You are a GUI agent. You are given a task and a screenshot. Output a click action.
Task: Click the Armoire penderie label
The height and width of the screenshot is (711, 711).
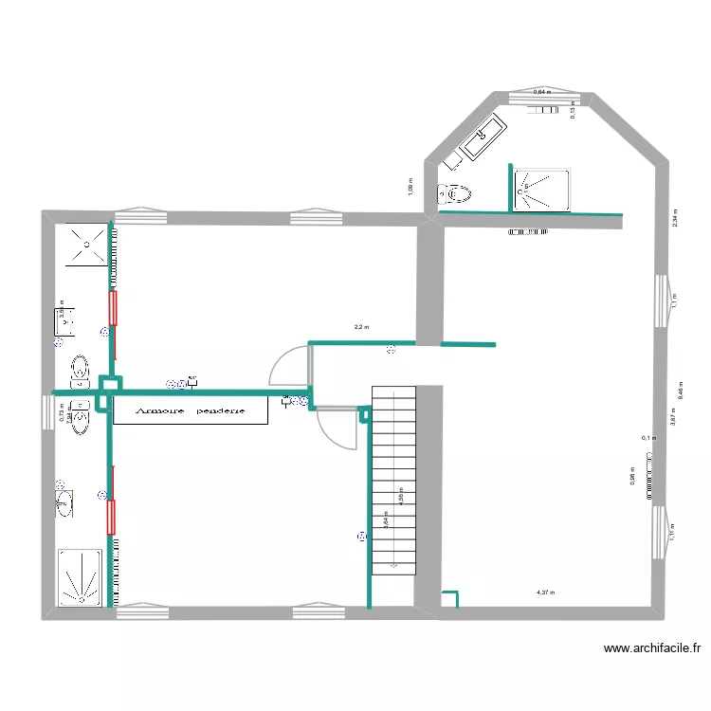(191, 411)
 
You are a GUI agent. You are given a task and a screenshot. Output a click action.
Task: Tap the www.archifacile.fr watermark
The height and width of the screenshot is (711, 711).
(652, 649)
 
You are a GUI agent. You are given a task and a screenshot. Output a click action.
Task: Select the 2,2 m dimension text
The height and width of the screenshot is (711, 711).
(360, 328)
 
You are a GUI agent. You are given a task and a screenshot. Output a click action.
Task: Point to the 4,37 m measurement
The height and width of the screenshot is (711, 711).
(546, 593)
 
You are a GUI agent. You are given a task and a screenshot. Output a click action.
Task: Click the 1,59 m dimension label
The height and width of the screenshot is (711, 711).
(409, 187)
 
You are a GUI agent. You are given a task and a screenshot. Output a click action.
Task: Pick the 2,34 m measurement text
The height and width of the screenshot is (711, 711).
(675, 217)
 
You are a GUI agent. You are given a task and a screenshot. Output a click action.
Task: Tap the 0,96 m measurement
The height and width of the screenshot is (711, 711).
(632, 479)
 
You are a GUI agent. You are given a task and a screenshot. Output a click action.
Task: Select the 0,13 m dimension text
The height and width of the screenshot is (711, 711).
(573, 112)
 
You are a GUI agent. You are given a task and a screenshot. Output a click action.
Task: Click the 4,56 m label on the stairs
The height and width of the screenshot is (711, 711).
(401, 497)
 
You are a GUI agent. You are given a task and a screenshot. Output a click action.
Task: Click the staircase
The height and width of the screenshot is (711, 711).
(393, 479)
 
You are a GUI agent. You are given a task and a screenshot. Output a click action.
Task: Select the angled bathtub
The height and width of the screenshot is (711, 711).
(483, 138)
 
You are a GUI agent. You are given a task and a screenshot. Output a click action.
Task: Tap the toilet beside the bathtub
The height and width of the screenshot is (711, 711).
(455, 194)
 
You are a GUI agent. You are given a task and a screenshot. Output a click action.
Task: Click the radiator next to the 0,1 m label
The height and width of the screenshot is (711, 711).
(650, 474)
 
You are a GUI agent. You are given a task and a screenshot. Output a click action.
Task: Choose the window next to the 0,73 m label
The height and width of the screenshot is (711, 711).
(46, 412)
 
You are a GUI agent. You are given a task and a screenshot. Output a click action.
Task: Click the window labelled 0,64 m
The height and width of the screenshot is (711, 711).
(543, 96)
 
